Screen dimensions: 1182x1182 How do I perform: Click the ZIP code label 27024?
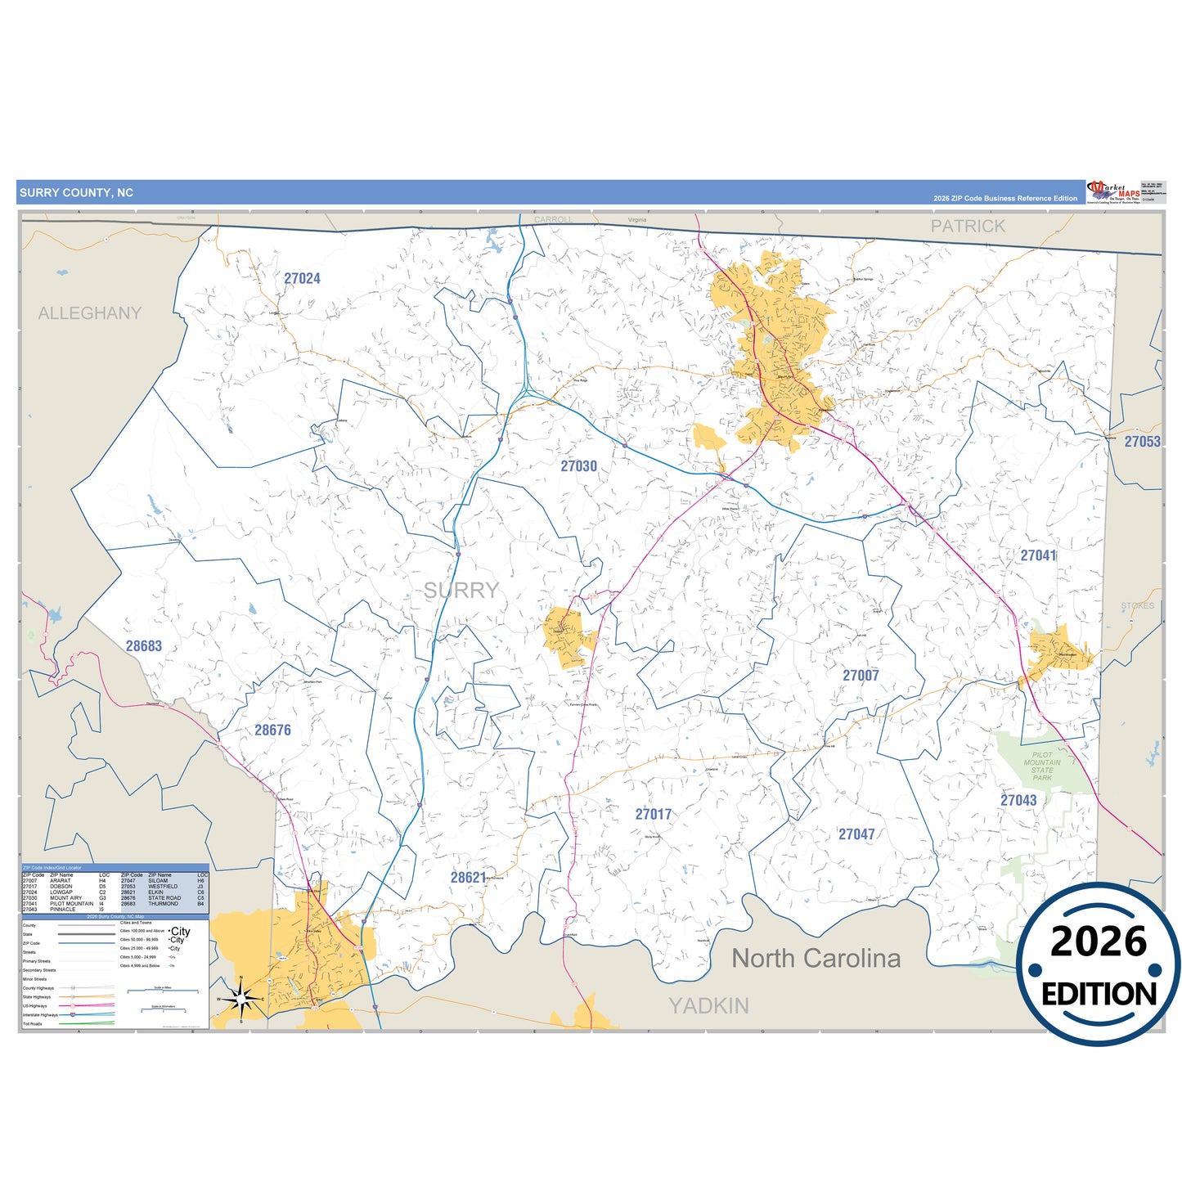[x=302, y=278]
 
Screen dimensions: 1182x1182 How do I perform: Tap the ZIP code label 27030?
[x=578, y=465]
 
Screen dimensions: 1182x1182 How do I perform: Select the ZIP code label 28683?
[x=143, y=645]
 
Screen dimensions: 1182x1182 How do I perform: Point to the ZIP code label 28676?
[x=272, y=730]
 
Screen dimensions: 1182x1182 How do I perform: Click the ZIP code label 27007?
[x=861, y=675]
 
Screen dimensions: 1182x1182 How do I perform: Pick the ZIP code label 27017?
[x=654, y=814]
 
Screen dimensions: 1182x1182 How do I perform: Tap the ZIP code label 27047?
[x=856, y=834]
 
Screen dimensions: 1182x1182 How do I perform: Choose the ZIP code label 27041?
[x=1038, y=555]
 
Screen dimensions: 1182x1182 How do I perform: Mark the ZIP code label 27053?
[x=1142, y=441]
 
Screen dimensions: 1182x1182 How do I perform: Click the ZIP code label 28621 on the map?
[x=468, y=877]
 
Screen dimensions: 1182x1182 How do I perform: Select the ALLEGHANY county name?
[x=90, y=313]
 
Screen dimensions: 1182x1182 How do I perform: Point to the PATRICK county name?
[x=968, y=226]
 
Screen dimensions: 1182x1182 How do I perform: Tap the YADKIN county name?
[x=708, y=1005]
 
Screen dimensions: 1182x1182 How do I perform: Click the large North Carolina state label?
[x=816, y=958]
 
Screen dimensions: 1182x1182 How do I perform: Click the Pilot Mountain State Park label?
[x=1042, y=766]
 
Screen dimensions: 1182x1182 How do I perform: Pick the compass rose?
[x=240, y=999]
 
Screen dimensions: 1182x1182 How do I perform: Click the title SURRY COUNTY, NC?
[x=76, y=193]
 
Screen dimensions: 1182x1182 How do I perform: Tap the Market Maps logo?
[x=1113, y=192]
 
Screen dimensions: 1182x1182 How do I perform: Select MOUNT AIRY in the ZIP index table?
[x=65, y=897]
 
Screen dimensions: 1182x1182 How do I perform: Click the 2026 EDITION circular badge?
[x=1098, y=964]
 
